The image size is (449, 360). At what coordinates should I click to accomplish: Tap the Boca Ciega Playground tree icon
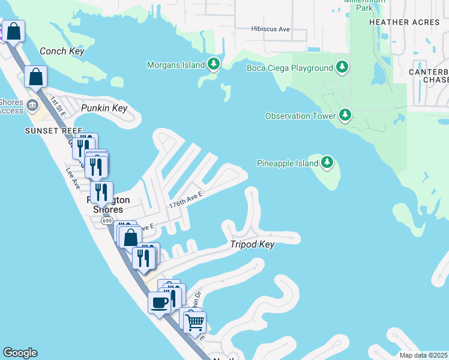pos(342,67)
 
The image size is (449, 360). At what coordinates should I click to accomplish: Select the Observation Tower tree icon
pos(345,115)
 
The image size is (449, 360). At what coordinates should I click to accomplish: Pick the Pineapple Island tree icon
pos(327,162)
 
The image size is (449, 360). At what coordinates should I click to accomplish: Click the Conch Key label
pos(61,51)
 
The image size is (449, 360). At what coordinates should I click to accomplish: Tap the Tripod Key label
pos(252,244)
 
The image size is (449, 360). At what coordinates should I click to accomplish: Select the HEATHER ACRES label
pos(405,22)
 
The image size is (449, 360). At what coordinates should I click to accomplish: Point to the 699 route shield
pos(107,221)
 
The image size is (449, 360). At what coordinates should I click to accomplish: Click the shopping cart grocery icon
pos(194,322)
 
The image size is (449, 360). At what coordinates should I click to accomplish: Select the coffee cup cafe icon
pos(159,302)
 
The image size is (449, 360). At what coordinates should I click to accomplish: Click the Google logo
pos(20,353)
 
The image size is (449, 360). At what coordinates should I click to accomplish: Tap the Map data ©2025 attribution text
pos(424,355)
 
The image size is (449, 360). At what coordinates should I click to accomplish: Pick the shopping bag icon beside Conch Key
pos(36,77)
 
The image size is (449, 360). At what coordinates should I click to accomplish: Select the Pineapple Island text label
pos(287,163)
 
